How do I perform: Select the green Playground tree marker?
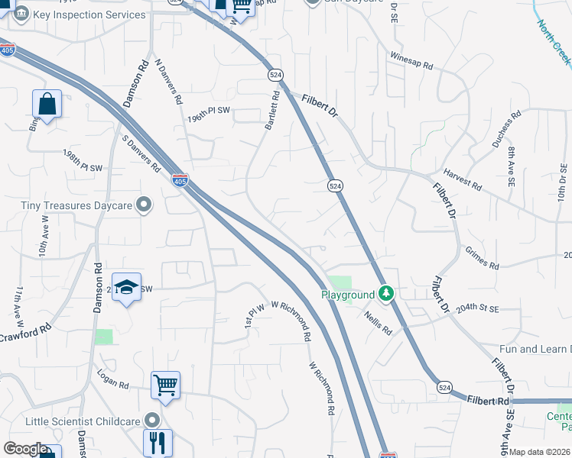pyautogui.click(x=387, y=294)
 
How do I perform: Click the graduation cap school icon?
pyautogui.click(x=127, y=287)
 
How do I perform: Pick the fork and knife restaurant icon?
pyautogui.click(x=158, y=443)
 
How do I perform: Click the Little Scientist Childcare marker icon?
pyautogui.click(x=152, y=421)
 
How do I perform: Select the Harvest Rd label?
pyautogui.click(x=463, y=181)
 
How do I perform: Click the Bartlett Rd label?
pyautogui.click(x=272, y=111)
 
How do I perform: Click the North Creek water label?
pyautogui.click(x=553, y=40)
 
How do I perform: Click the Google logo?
pyautogui.click(x=25, y=449)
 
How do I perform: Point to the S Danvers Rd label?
pyautogui.click(x=141, y=153)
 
